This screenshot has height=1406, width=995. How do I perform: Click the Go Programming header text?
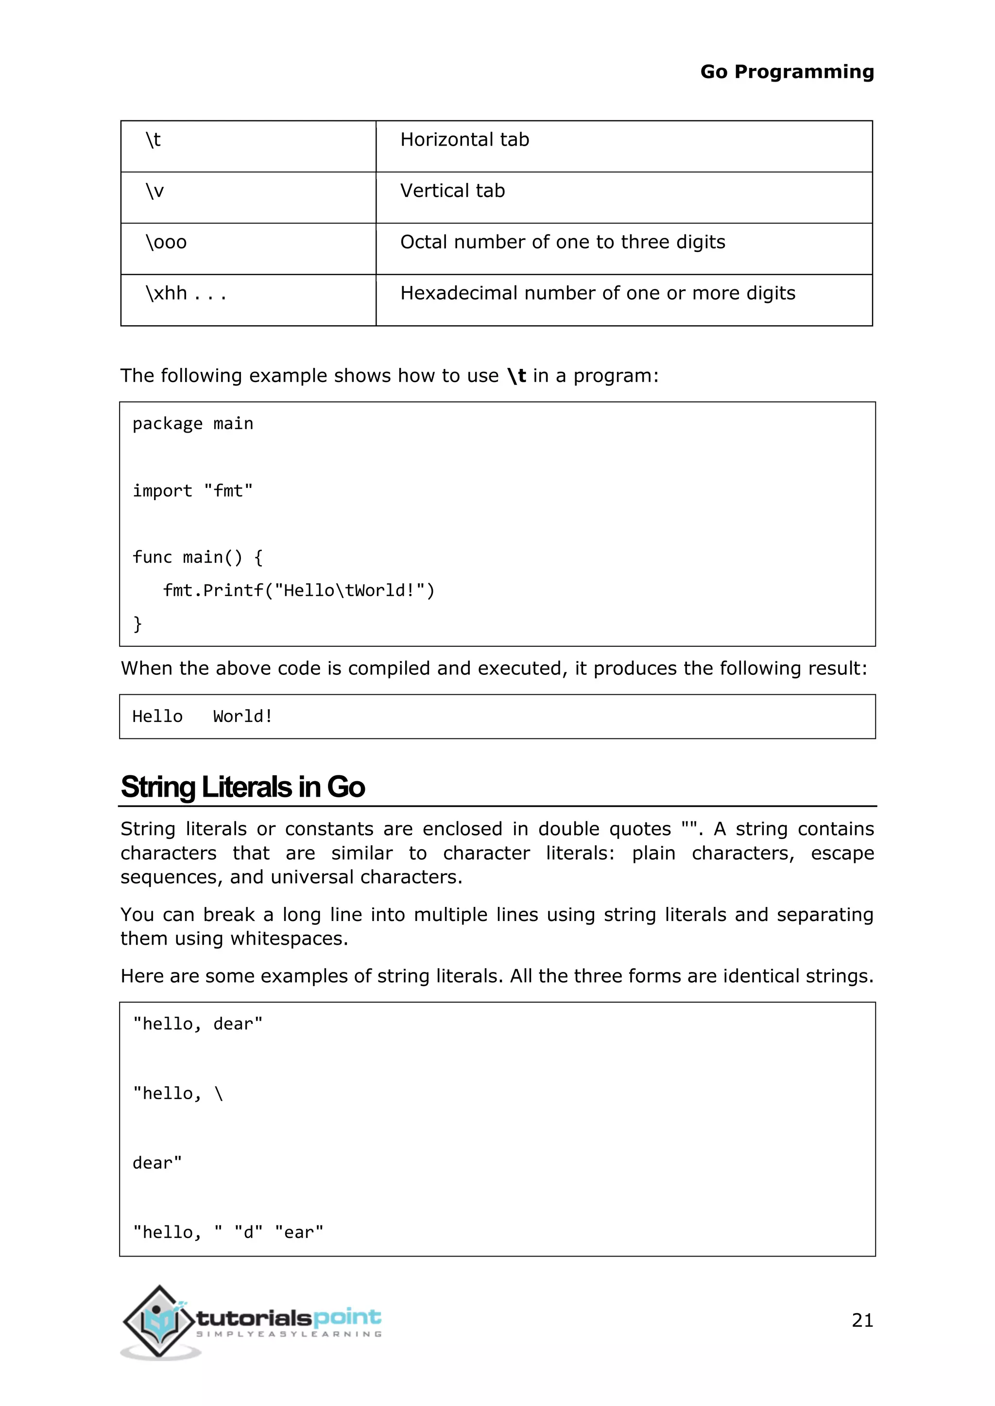787,72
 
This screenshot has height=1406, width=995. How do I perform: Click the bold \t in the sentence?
516,375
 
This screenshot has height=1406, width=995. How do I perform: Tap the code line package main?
192,424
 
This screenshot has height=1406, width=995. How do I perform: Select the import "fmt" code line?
192,490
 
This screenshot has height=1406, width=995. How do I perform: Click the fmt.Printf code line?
298,590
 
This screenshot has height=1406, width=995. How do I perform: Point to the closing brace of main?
137,623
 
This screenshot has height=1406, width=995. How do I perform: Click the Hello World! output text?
202,717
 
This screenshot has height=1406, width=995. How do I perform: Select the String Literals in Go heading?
242,787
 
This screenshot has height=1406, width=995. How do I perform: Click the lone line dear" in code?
157,1163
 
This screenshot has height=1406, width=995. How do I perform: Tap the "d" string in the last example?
248,1232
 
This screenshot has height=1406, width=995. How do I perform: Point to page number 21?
862,1320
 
